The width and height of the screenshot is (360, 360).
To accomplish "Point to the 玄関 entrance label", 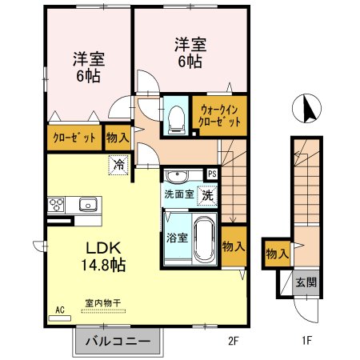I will click(x=306, y=282).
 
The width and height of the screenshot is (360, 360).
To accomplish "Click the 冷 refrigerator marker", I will click(x=118, y=166).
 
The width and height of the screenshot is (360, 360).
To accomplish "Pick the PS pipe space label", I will click(x=212, y=174).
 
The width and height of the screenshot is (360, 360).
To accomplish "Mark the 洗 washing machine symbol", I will click(x=206, y=194).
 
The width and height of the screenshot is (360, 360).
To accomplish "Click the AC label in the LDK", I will click(x=59, y=309).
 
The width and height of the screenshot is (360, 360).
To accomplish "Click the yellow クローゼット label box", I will click(x=74, y=138).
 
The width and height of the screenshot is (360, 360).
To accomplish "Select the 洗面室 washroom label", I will click(x=179, y=194).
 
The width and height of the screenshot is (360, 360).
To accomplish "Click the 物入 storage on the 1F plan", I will click(x=277, y=254).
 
